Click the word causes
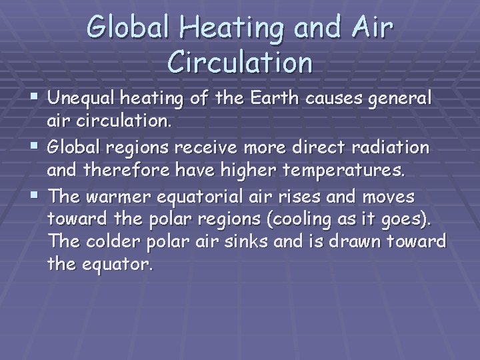click(339, 99)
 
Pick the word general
click(403, 100)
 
